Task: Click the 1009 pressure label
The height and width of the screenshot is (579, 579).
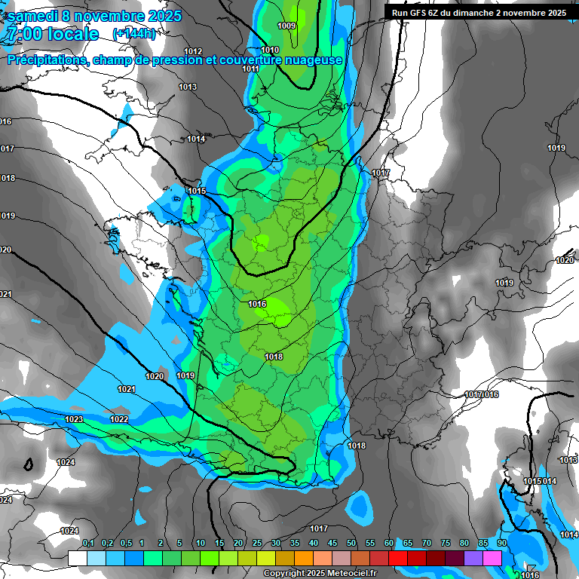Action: click(286, 26)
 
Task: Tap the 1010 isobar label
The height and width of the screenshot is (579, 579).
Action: click(270, 50)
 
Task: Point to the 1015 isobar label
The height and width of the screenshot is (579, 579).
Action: click(197, 191)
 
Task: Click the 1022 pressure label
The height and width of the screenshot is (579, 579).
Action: click(119, 419)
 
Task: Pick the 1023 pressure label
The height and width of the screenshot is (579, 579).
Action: click(74, 419)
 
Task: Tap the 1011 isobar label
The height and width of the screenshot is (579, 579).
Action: click(251, 69)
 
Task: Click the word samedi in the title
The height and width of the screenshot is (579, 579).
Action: click(32, 15)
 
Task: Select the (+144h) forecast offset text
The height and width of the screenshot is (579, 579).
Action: click(133, 34)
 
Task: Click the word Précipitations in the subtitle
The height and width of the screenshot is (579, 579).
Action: click(45, 60)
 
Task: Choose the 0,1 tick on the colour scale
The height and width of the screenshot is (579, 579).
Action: click(87, 543)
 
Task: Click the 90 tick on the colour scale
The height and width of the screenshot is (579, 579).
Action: click(501, 543)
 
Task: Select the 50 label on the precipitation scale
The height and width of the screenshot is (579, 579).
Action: click(351, 543)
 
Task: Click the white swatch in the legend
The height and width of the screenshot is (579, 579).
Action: click(78, 558)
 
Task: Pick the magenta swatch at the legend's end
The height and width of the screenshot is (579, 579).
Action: click(492, 558)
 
